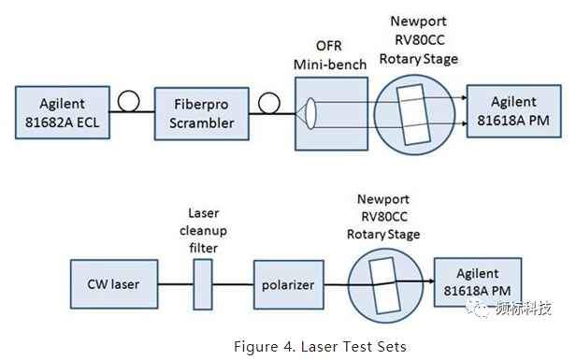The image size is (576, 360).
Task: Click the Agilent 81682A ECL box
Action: (63, 112)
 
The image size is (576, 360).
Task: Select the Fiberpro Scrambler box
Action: (202, 113)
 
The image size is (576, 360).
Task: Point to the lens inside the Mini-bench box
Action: (310, 113)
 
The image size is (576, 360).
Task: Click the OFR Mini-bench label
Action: (329, 55)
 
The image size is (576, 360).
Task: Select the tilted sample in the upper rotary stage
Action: (413, 115)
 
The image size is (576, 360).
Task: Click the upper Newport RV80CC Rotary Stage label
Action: (418, 40)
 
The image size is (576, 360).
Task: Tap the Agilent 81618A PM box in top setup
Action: (514, 111)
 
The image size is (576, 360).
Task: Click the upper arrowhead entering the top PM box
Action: (465, 97)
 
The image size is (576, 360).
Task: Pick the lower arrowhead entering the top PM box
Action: (465, 123)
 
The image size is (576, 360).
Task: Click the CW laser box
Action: (114, 284)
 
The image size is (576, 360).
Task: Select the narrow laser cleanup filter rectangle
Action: (203, 284)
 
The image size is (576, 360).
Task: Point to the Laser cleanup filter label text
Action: (203, 231)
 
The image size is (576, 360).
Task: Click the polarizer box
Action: (289, 284)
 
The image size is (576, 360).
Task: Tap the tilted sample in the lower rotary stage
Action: (384, 286)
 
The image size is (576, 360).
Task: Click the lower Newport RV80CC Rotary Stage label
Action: (383, 217)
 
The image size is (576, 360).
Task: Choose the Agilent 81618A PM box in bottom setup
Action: (478, 282)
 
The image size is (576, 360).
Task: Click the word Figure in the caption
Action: (255, 346)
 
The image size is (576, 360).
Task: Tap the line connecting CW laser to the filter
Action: (176, 284)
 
